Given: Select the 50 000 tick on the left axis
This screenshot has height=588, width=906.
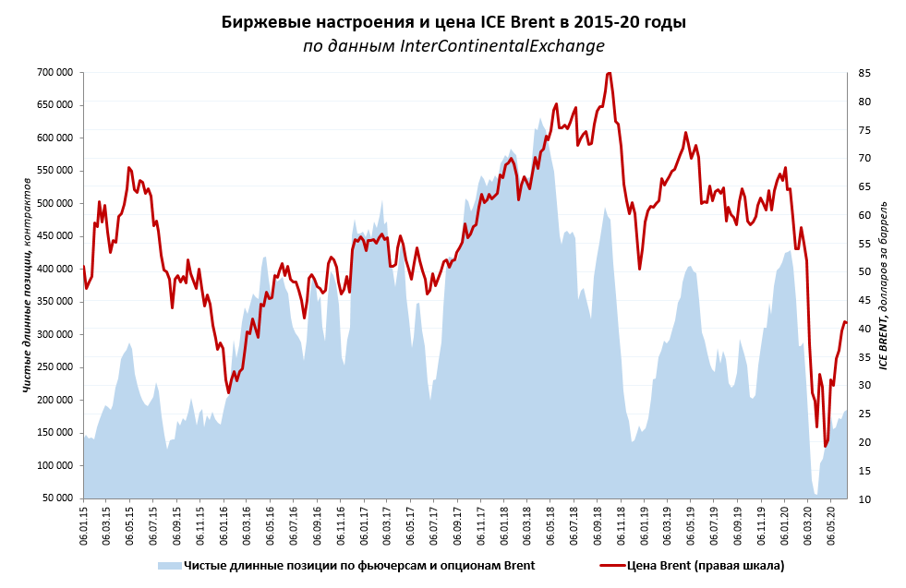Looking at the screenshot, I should coord(58,498).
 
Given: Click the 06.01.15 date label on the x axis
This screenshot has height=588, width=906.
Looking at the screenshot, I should coord(84,524).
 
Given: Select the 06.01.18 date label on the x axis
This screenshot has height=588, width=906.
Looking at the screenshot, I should coord(505,524).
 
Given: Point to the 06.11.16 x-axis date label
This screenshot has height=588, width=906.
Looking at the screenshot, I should coord(342,524).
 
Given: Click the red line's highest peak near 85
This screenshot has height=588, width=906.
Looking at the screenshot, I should coord(609,73).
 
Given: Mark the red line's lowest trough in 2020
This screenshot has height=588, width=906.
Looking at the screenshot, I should coord(826,446).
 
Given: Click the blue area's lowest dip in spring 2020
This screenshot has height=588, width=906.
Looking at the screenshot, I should coord(816,495).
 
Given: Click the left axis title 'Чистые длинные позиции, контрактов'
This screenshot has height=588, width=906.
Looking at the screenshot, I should coord(28,284).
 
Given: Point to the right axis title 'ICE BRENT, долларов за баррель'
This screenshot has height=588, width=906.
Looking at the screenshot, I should coord(882,284).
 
